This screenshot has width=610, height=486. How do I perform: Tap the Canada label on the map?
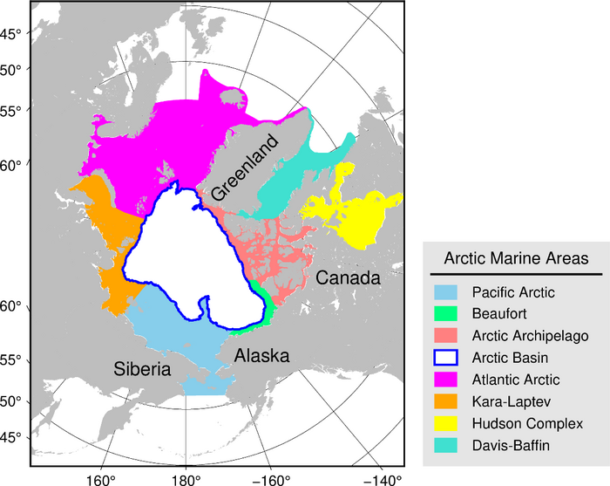point(348,278)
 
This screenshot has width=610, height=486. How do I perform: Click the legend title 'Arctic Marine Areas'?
point(516,258)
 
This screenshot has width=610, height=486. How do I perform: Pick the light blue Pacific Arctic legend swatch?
point(449,292)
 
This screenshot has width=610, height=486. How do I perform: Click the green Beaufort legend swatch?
point(449,314)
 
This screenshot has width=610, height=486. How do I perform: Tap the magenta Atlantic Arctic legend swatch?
point(449,380)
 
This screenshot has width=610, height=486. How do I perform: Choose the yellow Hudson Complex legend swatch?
point(449,424)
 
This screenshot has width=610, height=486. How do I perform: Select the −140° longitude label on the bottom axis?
point(383,479)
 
